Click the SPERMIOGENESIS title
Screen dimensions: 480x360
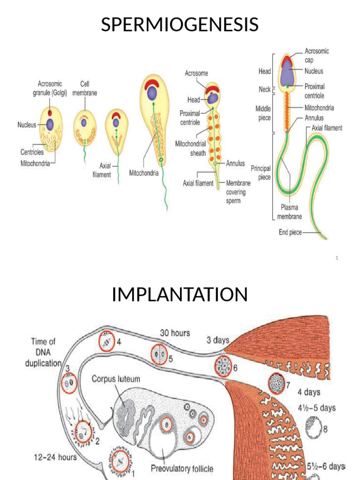(180, 24)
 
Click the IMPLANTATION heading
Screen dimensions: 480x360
(180, 295)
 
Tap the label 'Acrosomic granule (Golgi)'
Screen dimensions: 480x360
(50, 88)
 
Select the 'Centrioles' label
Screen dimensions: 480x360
(32, 152)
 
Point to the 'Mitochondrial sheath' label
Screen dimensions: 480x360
(191, 148)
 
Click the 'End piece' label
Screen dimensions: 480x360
(291, 232)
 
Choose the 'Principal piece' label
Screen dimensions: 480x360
(261, 172)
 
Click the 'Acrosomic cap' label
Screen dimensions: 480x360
(317, 55)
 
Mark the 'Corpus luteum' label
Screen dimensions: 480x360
(115, 378)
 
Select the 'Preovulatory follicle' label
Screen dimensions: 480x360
(182, 468)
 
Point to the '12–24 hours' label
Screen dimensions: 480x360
(55, 457)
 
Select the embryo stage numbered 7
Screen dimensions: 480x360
(276, 384)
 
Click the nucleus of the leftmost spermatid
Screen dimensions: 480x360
(50, 125)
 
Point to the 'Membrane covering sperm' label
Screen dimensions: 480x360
(239, 193)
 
